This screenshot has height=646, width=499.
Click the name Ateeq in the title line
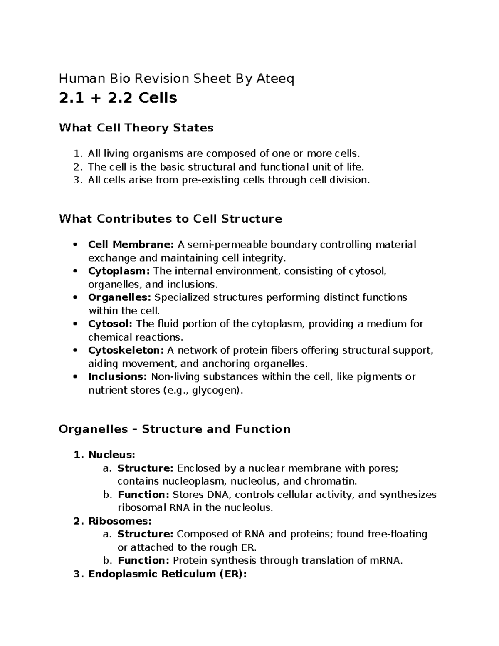click(x=276, y=78)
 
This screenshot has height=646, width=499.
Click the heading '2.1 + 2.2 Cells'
click(x=118, y=98)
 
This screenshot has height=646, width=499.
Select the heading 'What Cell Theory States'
click(x=136, y=128)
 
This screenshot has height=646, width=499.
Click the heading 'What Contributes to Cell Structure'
click(x=170, y=219)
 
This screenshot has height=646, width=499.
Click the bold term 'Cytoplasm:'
click(x=119, y=271)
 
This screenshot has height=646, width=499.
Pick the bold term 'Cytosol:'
click(x=110, y=324)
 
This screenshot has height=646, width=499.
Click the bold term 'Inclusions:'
click(x=118, y=377)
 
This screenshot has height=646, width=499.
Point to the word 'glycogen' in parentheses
click(x=215, y=391)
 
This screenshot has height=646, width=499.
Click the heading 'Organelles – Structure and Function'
click(x=175, y=429)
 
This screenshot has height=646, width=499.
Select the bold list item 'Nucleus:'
click(x=111, y=455)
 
